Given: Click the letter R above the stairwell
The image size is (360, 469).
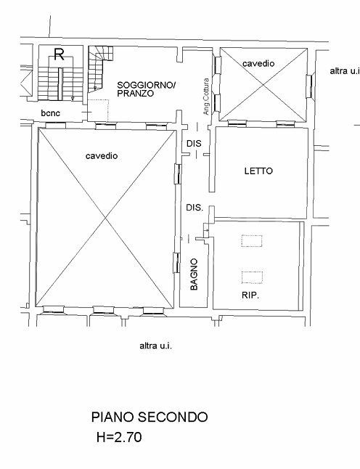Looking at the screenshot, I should coord(59,53).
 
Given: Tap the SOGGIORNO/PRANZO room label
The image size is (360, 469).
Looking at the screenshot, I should coord(146,89).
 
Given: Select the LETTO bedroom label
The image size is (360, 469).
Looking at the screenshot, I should coord(258,172).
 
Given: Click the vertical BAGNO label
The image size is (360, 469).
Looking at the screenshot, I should coord(195,274).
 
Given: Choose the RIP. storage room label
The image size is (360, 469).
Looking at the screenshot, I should coord(250,295).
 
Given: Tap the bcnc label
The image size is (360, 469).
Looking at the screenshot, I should coord(50,113).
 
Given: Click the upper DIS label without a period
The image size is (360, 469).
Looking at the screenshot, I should coord(193,144).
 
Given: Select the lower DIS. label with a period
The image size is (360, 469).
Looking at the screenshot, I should coord(194,208).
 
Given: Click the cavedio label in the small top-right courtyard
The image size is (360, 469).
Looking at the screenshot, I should coord(258,64).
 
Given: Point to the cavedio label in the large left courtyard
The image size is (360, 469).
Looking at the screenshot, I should coord(101,156).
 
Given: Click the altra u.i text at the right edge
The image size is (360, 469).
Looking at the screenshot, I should coord(345,71).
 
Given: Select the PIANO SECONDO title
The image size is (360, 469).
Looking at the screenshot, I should coord(149,417).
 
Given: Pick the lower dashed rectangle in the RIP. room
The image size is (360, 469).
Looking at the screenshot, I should coord(251,276).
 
